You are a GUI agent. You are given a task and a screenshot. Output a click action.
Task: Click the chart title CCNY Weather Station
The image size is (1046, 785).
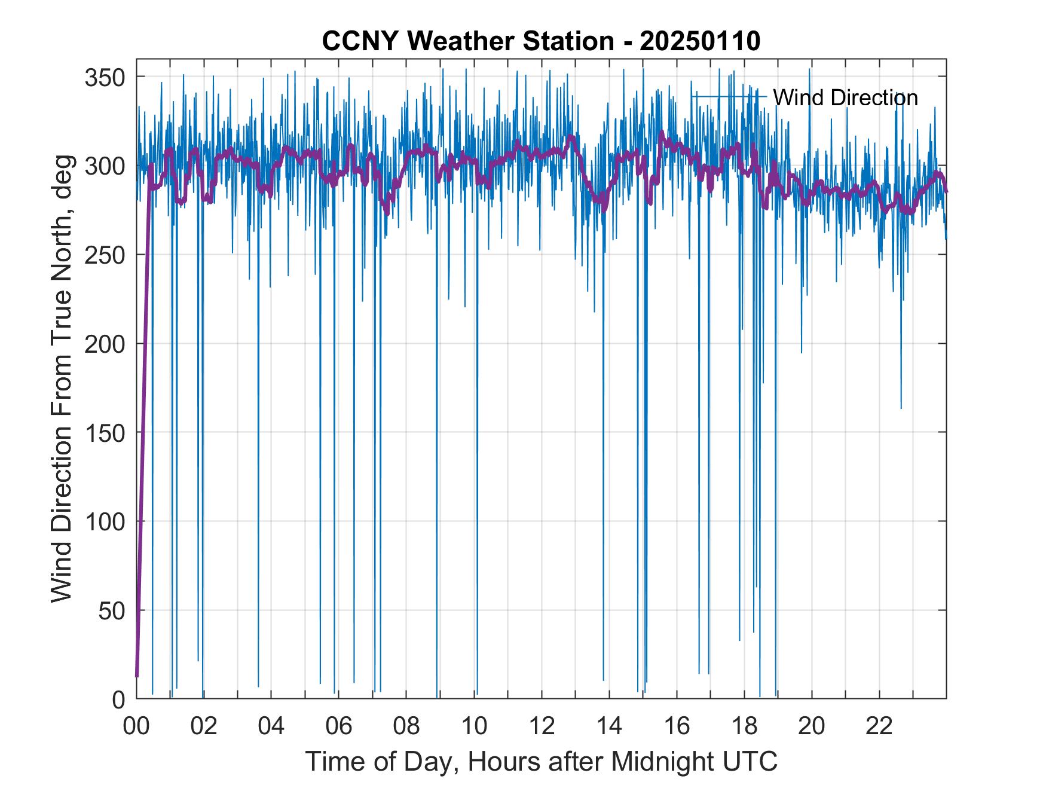click(x=467, y=41)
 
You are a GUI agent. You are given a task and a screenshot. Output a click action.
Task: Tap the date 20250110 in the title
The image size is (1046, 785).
click(x=700, y=41)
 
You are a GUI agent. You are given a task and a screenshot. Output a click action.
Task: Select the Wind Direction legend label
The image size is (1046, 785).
click(x=845, y=97)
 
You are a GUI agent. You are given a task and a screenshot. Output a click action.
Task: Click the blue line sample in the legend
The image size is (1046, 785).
click(x=729, y=96)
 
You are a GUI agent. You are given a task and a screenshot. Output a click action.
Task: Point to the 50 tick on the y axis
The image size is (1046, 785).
click(x=112, y=610)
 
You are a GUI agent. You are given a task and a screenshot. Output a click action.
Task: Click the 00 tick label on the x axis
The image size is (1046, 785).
click(x=136, y=726)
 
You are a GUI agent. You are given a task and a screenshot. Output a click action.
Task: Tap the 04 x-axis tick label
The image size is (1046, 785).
click(x=271, y=726)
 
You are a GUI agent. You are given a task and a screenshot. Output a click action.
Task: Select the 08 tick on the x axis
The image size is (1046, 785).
click(x=406, y=726)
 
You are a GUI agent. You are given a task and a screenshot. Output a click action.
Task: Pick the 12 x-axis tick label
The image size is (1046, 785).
click(x=542, y=726)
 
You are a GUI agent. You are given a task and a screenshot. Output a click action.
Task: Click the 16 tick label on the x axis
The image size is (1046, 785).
click(x=677, y=726)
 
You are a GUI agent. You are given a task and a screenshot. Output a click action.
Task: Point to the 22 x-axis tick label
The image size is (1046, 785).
click(x=879, y=726)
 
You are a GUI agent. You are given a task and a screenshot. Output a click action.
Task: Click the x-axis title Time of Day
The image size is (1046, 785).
click(x=541, y=762)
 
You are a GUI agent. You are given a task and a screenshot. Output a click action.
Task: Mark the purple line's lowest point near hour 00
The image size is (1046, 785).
click(x=137, y=676)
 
